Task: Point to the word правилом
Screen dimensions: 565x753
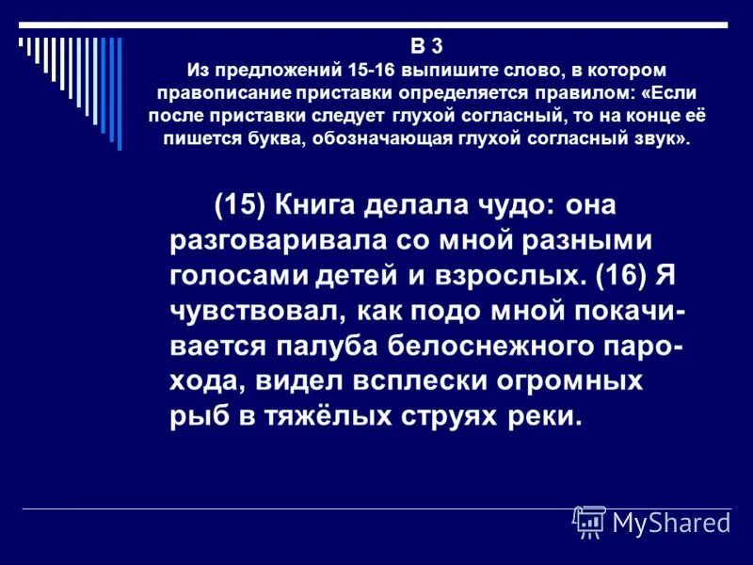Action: (x=551, y=92)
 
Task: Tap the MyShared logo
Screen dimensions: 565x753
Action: (x=652, y=521)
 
